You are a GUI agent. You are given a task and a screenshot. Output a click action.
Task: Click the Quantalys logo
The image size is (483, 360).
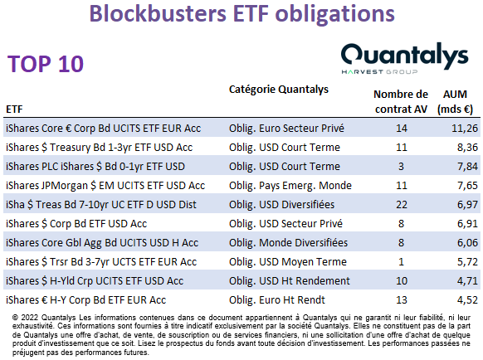pos(404,59)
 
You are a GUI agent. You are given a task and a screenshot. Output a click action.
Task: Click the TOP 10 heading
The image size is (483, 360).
pos(46,64)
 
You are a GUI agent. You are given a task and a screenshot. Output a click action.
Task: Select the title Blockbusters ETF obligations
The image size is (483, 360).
pos(242,13)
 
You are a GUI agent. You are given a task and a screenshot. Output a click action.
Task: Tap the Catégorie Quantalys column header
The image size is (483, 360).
pos(279,90)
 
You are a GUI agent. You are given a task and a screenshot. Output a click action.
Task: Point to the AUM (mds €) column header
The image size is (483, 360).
pos(455,102)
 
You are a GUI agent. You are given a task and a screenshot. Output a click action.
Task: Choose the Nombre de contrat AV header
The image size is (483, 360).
pos(401,102)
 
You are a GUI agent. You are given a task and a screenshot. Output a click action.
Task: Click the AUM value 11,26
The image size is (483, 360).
pos(465,128)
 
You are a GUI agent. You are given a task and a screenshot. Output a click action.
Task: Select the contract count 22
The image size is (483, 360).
pos(402,205)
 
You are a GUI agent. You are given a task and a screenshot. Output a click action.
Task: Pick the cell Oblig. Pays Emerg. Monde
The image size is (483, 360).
pos(290,185)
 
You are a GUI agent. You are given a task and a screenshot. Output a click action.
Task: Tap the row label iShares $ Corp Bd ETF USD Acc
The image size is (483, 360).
pos(76,224)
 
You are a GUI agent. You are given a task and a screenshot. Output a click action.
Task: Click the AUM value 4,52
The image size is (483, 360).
pos(467,300)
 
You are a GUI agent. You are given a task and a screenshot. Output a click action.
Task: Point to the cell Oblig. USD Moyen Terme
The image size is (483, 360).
pos(288,262)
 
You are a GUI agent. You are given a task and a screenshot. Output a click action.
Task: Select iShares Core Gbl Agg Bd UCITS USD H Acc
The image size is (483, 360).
pos(102,243)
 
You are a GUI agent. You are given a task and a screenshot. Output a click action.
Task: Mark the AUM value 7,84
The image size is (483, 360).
pos(467,166)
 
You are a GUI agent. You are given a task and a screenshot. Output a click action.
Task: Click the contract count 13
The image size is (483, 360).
pos(402,300)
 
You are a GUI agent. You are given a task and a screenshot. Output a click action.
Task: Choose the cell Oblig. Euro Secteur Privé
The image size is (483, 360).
pos(286,128)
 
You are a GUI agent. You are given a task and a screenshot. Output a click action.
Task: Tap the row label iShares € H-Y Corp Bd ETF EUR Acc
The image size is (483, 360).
pos(85,300)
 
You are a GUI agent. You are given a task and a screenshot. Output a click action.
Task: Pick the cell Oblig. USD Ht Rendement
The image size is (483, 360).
pos(290,281)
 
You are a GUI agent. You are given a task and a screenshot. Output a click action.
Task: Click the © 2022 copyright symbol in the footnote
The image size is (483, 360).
pos(16,318)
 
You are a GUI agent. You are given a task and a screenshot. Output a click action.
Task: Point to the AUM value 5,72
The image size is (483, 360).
pos(467,262)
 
